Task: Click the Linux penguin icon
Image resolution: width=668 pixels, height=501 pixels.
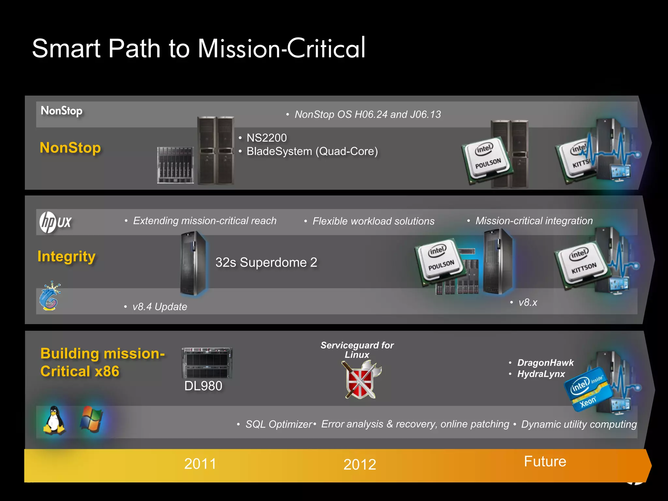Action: click(54, 420)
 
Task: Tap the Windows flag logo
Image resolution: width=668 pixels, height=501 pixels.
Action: click(91, 419)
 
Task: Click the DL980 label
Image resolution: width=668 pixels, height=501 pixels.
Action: click(203, 386)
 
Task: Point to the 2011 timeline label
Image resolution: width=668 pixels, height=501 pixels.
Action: click(200, 464)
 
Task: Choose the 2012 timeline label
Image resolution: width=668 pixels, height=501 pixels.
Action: click(360, 464)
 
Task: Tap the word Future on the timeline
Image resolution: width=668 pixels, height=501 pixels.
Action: click(545, 462)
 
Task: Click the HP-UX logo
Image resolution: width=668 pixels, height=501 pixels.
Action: click(55, 222)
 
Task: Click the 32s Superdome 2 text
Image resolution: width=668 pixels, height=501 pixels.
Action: click(266, 263)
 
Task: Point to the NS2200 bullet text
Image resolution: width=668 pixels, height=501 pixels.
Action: click(266, 138)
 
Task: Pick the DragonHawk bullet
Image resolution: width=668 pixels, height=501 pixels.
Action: click(545, 363)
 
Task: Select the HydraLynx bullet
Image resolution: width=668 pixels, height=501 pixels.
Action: click(541, 374)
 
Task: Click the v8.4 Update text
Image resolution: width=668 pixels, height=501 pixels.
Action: click(159, 307)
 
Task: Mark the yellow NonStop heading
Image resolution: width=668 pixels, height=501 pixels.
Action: click(70, 148)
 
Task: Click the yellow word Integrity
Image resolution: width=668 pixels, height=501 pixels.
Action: click(67, 257)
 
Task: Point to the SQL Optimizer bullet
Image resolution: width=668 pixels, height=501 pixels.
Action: click(279, 424)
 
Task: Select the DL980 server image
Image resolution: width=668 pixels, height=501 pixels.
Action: click(207, 363)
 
